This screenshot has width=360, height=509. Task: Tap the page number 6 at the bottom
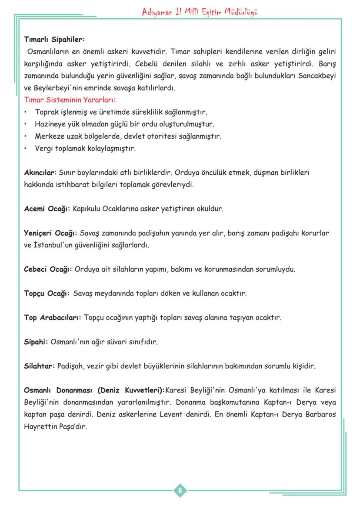(x=180, y=491)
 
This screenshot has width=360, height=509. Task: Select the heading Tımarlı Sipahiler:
(x=54, y=40)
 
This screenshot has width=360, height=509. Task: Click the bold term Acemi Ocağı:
(x=47, y=209)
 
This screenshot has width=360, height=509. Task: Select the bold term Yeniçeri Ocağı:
(x=50, y=233)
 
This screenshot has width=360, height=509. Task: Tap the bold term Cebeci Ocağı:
(x=48, y=269)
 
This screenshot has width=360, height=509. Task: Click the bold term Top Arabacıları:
(x=52, y=318)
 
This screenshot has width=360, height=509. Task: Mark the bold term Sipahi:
(x=36, y=342)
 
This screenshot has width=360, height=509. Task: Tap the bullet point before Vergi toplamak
(x=26, y=149)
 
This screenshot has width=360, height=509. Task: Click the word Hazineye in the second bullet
(x=49, y=124)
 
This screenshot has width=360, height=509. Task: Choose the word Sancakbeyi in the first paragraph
(x=315, y=76)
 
